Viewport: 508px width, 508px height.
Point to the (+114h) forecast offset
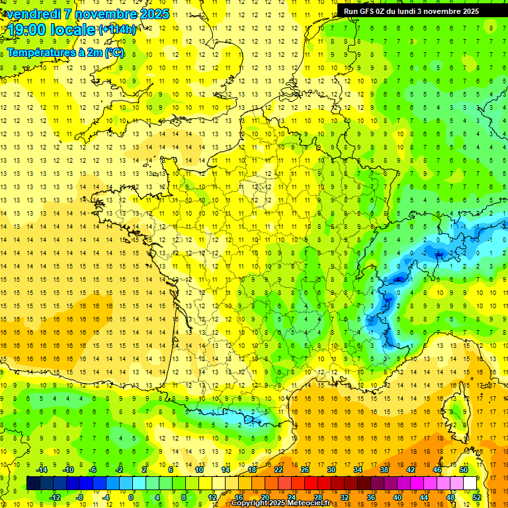point(117,30)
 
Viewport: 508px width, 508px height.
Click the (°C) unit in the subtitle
point(114,52)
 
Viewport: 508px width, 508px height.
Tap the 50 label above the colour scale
point(464,470)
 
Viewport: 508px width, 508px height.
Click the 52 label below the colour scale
point(477,497)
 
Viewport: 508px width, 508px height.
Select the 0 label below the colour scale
point(131,497)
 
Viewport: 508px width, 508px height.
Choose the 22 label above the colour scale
point(278,470)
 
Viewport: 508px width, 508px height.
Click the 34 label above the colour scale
point(358,470)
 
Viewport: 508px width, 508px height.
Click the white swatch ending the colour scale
point(470,484)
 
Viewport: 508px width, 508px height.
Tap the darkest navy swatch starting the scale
point(34,484)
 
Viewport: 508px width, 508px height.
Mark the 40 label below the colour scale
point(398,497)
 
